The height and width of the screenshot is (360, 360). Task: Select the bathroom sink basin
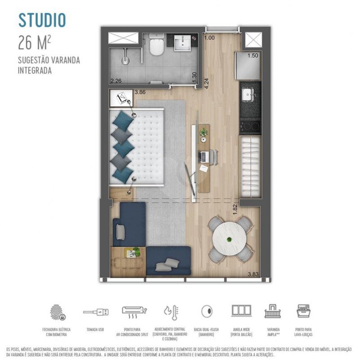tap(183, 44)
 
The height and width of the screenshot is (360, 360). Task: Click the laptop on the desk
tap(205, 156)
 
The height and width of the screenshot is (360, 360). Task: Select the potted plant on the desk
tap(204, 132)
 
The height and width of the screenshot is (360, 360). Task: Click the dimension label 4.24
tap(206, 84)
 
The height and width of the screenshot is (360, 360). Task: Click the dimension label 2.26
tap(116, 81)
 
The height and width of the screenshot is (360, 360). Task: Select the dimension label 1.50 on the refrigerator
tap(253, 55)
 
